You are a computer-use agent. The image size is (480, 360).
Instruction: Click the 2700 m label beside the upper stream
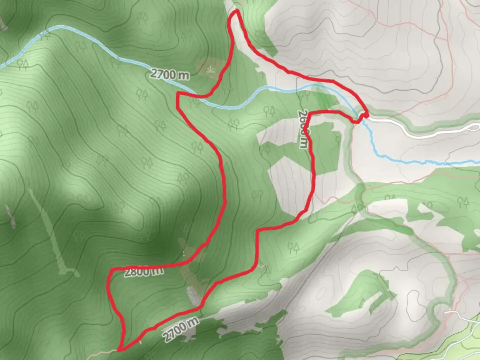[x=169, y=74]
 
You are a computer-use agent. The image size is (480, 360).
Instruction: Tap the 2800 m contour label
[x=144, y=272]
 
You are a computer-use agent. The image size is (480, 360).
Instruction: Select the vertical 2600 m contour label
[x=303, y=130]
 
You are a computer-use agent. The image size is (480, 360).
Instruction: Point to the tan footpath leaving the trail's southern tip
[x=103, y=352]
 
